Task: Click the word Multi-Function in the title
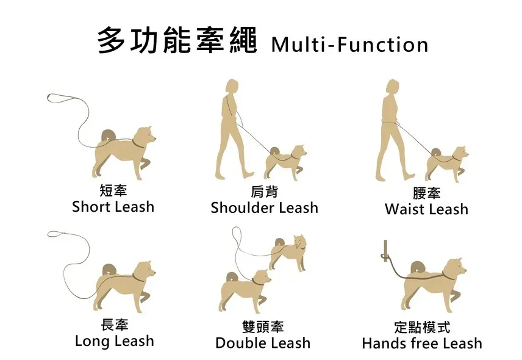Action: (x=350, y=45)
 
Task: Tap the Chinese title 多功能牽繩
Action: (x=177, y=41)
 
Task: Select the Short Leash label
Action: (x=113, y=206)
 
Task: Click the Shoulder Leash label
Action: (x=265, y=207)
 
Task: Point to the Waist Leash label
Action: (x=426, y=209)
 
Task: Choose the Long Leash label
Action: (x=115, y=341)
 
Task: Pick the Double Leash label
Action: (x=263, y=343)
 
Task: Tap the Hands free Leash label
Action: (x=422, y=343)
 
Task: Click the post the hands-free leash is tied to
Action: (x=385, y=251)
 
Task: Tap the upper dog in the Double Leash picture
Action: (x=288, y=252)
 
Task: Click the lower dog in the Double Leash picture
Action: (x=245, y=291)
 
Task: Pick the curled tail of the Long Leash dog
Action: (x=109, y=270)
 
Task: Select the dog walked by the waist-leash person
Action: (x=446, y=164)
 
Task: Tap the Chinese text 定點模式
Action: (x=422, y=327)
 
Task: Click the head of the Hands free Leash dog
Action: (x=455, y=268)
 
